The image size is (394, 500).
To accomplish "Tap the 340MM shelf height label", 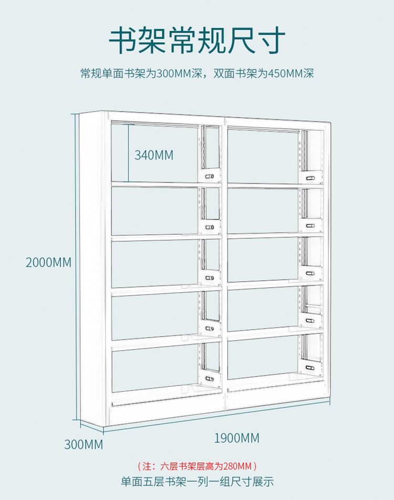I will pyautogui.click(x=154, y=155).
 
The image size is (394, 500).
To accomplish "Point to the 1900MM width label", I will pyautogui.click(x=236, y=437).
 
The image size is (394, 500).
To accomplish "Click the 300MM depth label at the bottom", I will pyautogui.click(x=84, y=445).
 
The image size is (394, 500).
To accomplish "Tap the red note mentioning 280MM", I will pyautogui.click(x=197, y=466).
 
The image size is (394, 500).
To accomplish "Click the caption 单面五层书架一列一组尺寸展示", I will pyautogui.click(x=197, y=481).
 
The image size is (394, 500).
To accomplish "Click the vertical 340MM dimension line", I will pyautogui.click(x=128, y=152).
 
